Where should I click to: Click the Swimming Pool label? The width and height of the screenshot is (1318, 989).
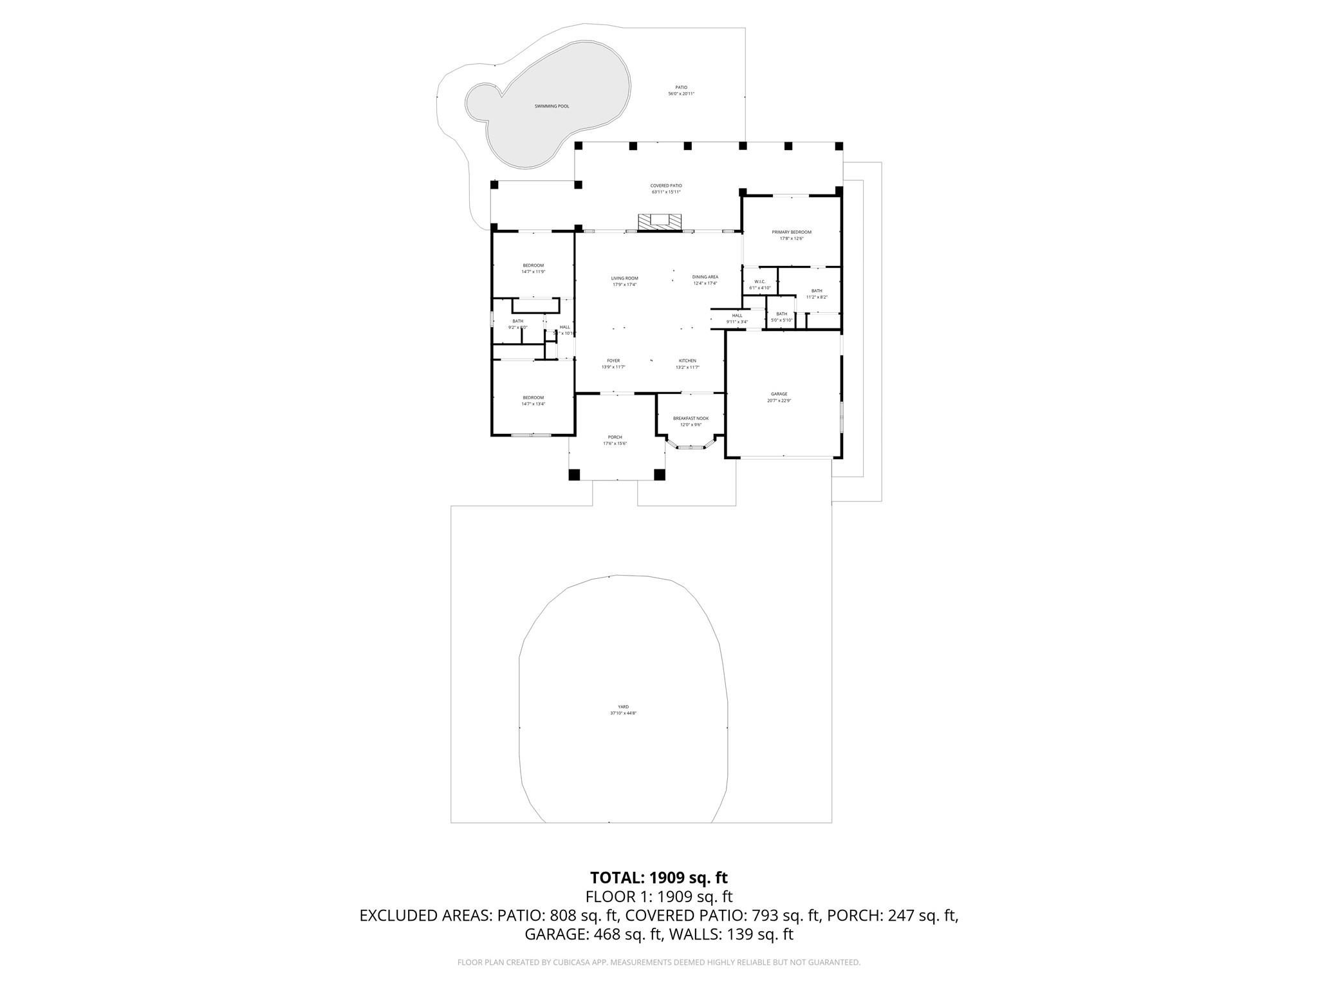pyautogui.click(x=552, y=106)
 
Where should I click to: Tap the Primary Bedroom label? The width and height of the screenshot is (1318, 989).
pyautogui.click(x=792, y=232)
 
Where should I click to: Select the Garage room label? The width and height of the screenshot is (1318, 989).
pyautogui.click(x=779, y=394)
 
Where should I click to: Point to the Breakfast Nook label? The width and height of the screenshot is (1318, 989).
pyautogui.click(x=691, y=419)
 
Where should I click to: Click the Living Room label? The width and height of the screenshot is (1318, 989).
pyautogui.click(x=624, y=278)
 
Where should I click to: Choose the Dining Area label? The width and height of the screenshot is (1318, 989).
pyautogui.click(x=705, y=277)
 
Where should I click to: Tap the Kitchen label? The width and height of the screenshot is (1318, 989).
pyautogui.click(x=687, y=361)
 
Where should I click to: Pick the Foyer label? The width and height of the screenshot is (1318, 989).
pyautogui.click(x=613, y=361)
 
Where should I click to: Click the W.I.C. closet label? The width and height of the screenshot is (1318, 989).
pyautogui.click(x=759, y=281)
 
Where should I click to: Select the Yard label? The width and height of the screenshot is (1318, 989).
pyautogui.click(x=624, y=707)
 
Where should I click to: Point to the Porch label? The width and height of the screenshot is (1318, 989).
pyautogui.click(x=615, y=437)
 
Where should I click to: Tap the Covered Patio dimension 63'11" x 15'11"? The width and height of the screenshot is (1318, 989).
pyautogui.click(x=666, y=192)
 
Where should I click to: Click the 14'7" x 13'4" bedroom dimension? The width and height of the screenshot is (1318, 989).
pyautogui.click(x=533, y=404)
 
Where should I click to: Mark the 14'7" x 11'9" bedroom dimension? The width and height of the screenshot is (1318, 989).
pyautogui.click(x=533, y=272)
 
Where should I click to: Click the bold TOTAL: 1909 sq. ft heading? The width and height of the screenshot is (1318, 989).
pyautogui.click(x=658, y=878)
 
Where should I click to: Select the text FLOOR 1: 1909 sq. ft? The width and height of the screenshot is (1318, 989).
pyautogui.click(x=658, y=897)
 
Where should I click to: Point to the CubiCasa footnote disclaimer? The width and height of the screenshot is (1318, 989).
pyautogui.click(x=658, y=963)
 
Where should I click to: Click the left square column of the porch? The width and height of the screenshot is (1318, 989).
pyautogui.click(x=574, y=475)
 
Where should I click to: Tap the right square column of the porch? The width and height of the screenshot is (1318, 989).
pyautogui.click(x=659, y=475)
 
